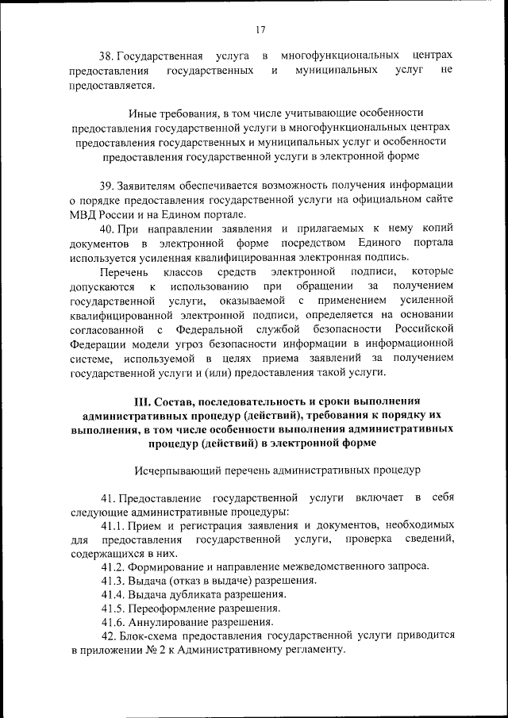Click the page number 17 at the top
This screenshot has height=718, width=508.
click(x=260, y=29)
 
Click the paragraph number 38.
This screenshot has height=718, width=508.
click(x=106, y=56)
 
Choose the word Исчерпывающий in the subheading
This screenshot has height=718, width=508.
click(x=175, y=470)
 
